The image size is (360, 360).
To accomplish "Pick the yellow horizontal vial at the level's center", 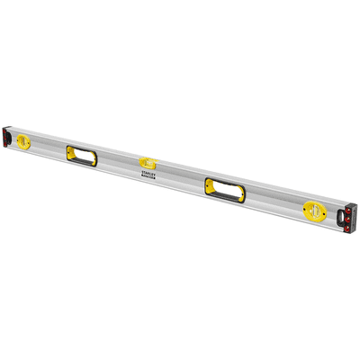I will click(148, 163).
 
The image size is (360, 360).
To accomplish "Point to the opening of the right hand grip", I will click(222, 189).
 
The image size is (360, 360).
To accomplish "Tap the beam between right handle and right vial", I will click(274, 202).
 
